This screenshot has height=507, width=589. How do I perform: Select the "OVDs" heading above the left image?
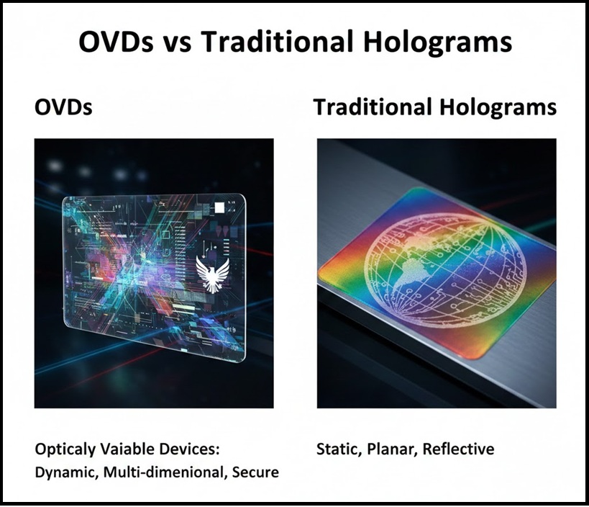pyautogui.click(x=63, y=108)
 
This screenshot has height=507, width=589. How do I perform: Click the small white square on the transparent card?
pyautogui.click(x=219, y=209)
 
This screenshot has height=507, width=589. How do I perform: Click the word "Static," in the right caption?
pyautogui.click(x=339, y=449)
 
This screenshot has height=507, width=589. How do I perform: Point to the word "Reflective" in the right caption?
pyautogui.click(x=458, y=449)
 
